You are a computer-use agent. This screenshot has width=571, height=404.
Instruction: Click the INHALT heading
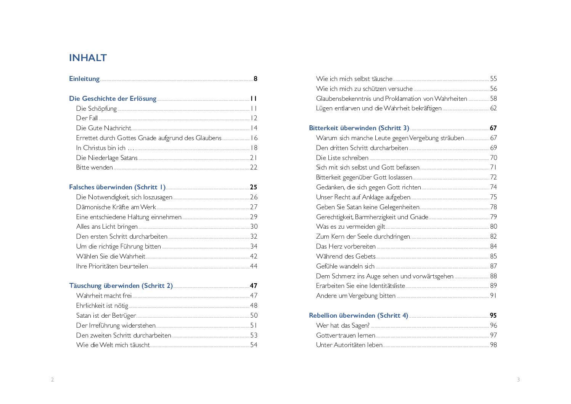[x=88, y=58]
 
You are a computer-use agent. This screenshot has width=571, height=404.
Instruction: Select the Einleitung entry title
[x=84, y=79]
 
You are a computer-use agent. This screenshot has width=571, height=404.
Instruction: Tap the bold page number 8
[x=256, y=79]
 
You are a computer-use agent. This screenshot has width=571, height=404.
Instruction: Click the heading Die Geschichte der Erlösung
[x=113, y=99]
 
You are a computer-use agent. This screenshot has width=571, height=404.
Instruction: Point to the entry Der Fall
[x=87, y=118]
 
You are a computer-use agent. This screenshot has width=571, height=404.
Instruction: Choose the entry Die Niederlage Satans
[x=107, y=158]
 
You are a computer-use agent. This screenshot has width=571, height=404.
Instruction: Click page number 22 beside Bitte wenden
[x=254, y=167]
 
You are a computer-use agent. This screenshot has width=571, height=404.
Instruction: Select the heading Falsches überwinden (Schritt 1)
[x=117, y=187]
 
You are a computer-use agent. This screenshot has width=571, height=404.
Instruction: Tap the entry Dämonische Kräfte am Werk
[x=116, y=207]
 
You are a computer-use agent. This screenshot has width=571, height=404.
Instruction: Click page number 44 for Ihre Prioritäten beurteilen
[x=254, y=266]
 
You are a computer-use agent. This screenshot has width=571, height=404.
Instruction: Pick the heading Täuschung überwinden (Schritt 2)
[x=121, y=286]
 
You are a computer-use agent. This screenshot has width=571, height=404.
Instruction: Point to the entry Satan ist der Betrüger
[x=106, y=315]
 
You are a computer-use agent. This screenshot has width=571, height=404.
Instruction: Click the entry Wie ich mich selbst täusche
[x=354, y=79]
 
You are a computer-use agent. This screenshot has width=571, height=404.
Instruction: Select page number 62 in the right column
[x=494, y=108]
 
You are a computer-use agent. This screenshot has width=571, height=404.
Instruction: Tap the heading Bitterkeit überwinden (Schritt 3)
[x=359, y=128]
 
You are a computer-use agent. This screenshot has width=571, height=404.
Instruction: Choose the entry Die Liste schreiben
[x=342, y=158]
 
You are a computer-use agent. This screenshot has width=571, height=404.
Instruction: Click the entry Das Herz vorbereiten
[x=346, y=246]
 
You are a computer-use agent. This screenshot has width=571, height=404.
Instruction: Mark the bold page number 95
[x=493, y=315]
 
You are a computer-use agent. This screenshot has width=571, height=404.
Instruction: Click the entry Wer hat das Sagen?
[x=343, y=325]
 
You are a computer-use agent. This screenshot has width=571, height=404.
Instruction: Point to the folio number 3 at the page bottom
[x=518, y=380]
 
